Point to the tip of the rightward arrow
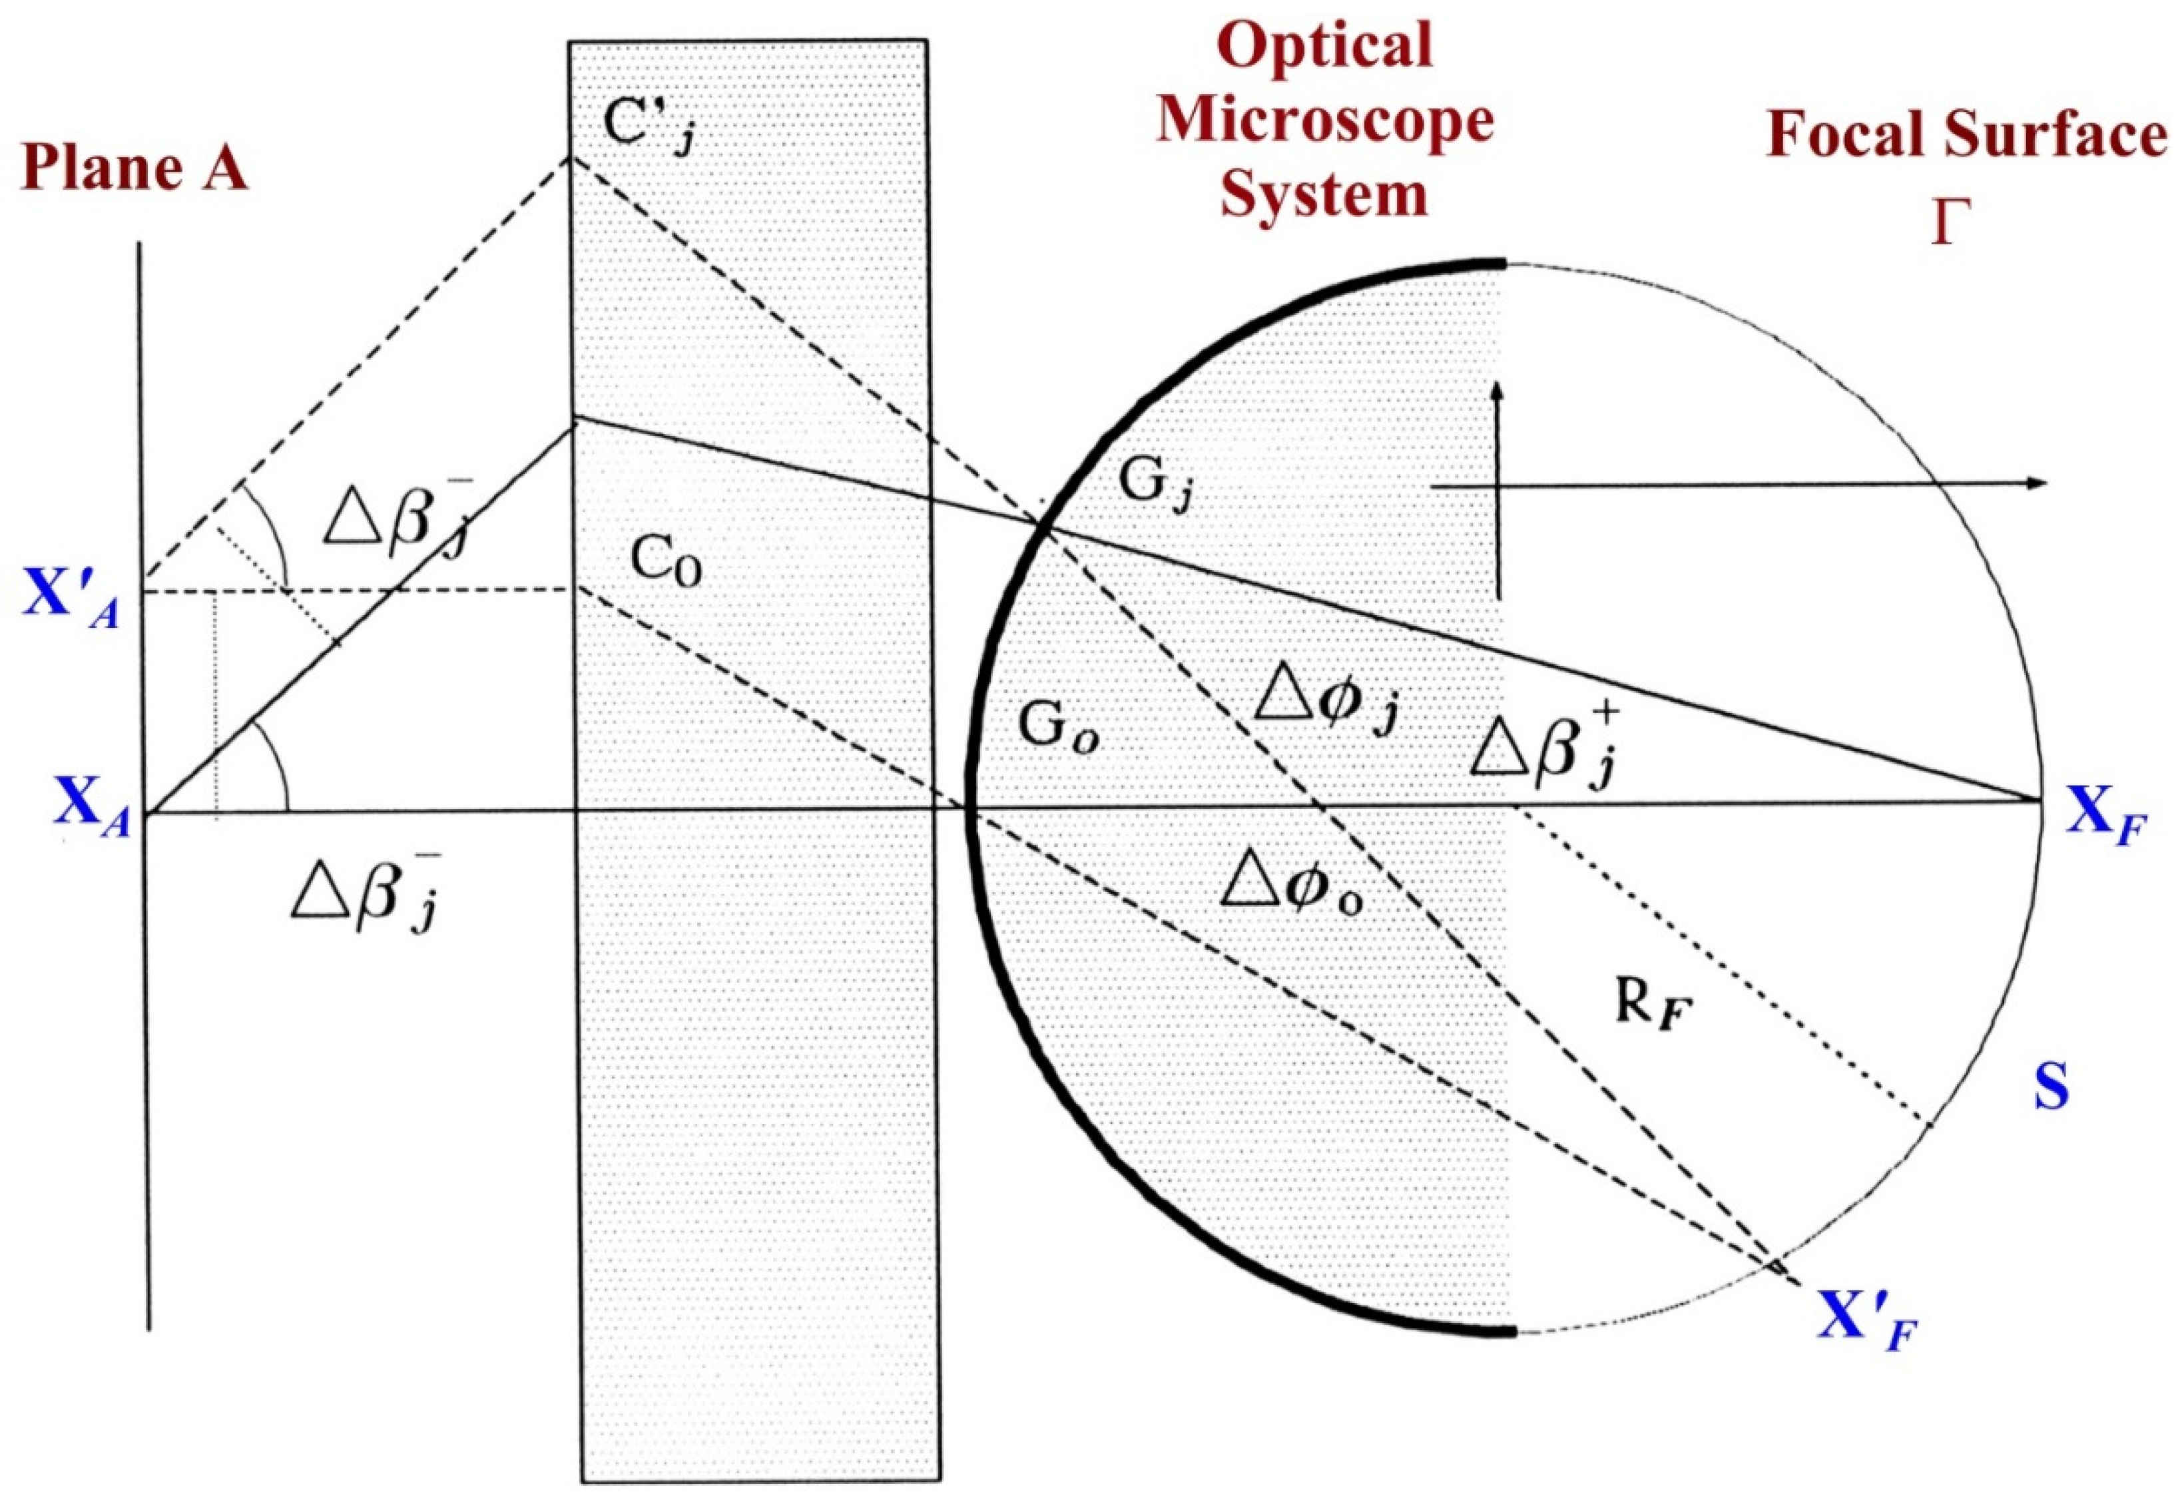2046,484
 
